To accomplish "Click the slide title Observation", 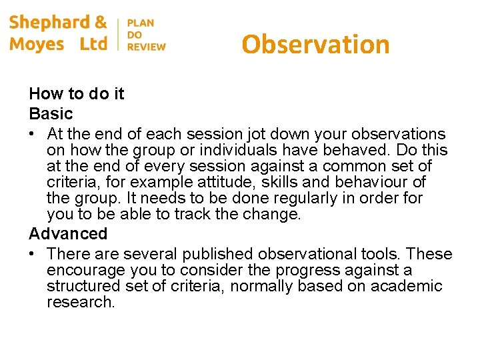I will click(315, 45).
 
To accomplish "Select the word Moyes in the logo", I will click(37, 45).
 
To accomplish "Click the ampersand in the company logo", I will click(101, 22).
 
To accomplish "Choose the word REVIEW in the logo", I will click(146, 47).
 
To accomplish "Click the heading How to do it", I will click(77, 94).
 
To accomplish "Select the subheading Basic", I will click(51, 113).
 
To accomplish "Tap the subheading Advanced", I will click(68, 233).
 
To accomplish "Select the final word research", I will click(80, 303).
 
